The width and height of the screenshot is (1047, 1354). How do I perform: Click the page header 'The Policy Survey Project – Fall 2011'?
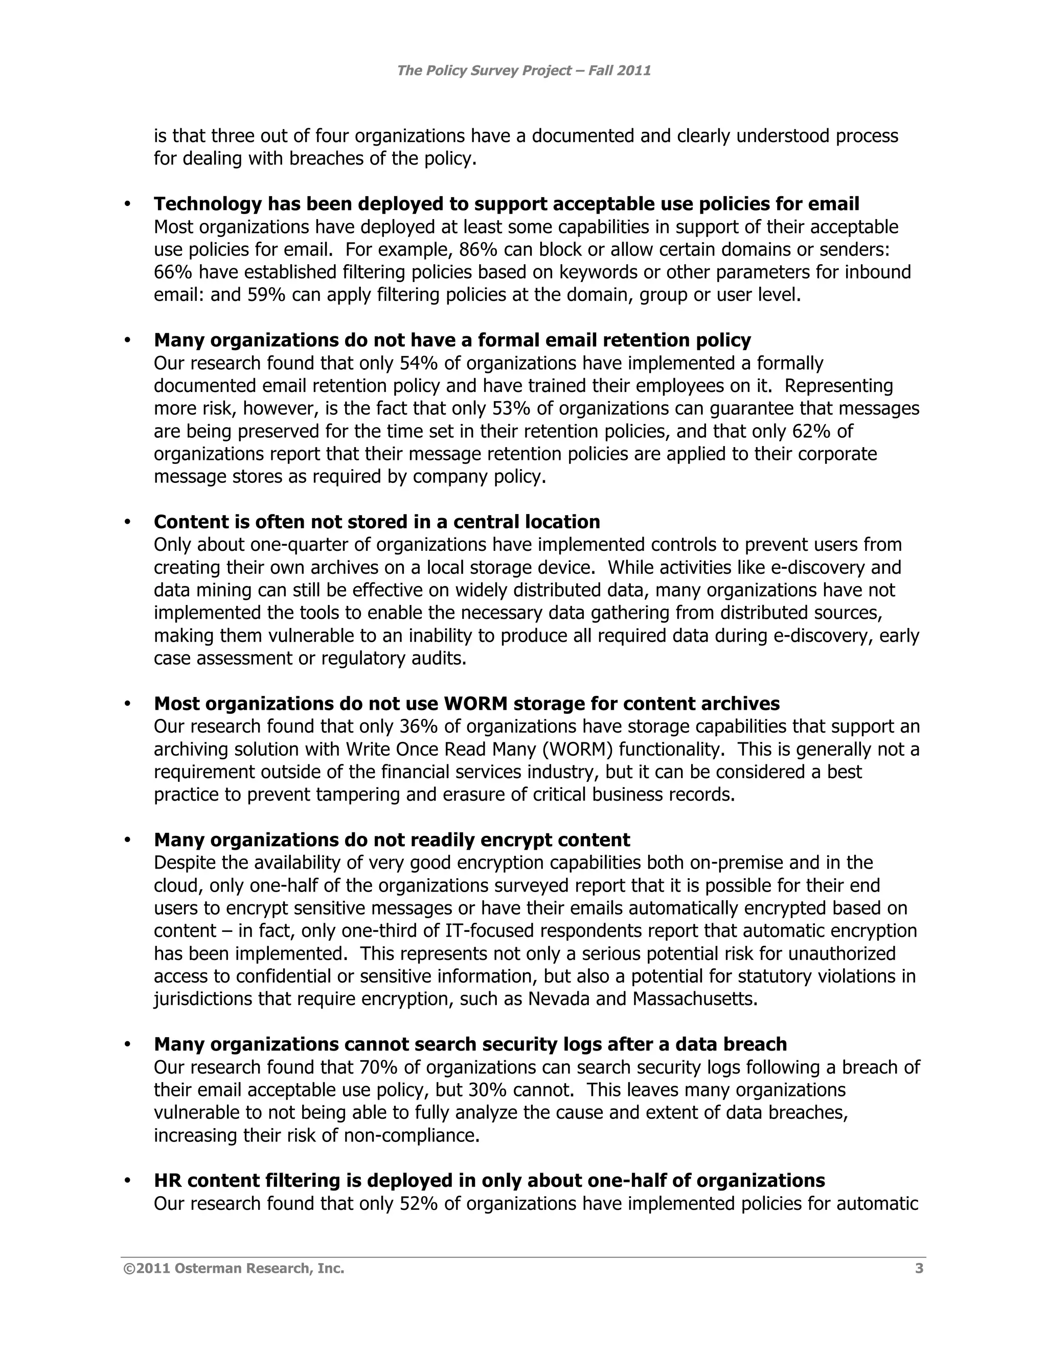coord(523,70)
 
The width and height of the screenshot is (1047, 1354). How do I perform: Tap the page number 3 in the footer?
coord(919,1269)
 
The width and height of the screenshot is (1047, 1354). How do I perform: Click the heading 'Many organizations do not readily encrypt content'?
coord(392,840)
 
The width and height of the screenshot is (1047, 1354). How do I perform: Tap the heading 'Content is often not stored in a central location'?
coord(376,522)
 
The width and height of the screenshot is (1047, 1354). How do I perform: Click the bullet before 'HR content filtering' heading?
coord(128,1181)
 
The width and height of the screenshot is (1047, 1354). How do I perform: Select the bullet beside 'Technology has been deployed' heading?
coord(128,204)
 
